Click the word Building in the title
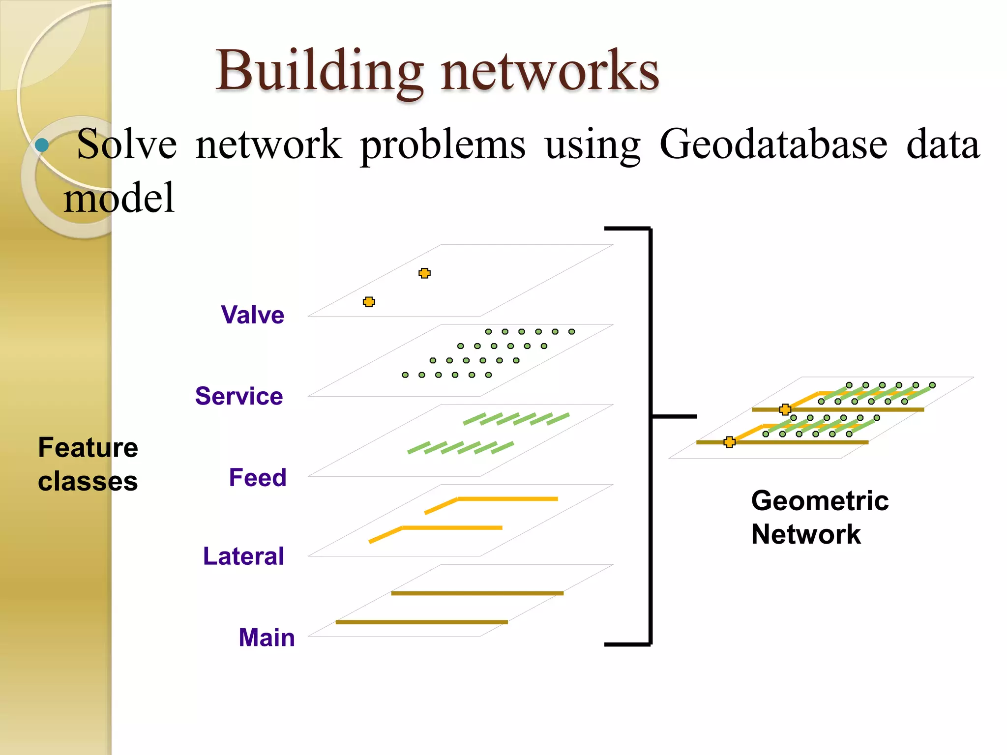click(x=320, y=71)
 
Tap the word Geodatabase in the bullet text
click(x=773, y=145)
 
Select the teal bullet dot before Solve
click(x=42, y=145)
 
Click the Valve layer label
click(x=252, y=315)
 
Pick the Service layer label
click(x=239, y=396)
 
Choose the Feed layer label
click(x=258, y=477)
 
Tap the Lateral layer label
click(x=243, y=556)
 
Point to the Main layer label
click(x=267, y=638)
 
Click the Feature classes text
click(x=88, y=464)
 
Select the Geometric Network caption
click(x=820, y=517)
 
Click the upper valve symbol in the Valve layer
click(x=424, y=273)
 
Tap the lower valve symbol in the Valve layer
click(x=369, y=302)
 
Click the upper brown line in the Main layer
click(x=477, y=593)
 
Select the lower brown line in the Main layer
click(x=421, y=622)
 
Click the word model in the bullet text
click(x=119, y=198)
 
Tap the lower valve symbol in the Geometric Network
click(x=730, y=442)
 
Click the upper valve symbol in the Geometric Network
click(x=785, y=409)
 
